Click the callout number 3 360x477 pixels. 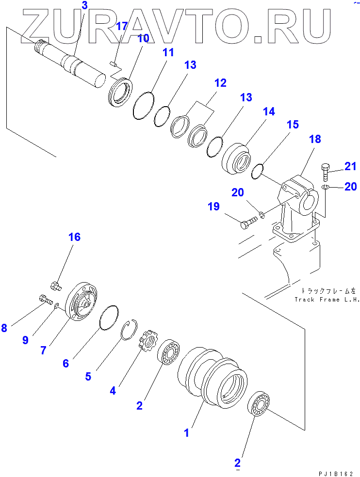pos(85,6)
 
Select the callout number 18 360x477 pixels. pos(314,139)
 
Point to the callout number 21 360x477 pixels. pos(350,167)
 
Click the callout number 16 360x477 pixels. pos(74,237)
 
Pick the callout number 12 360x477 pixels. pos(220,83)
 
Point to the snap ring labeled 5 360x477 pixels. pos(130,330)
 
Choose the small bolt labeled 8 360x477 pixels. pos(44,300)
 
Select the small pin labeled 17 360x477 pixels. pos(113,62)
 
